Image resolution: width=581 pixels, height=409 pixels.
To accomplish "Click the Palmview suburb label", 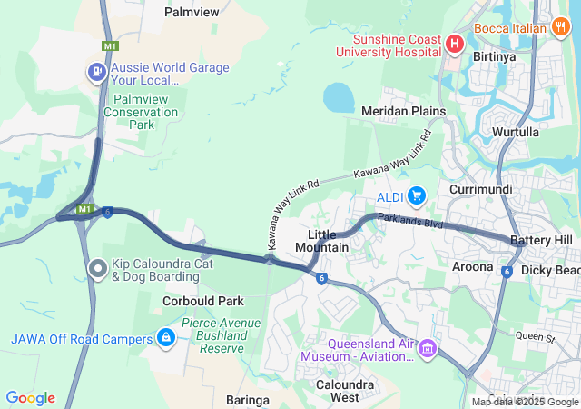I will (x=192, y=12).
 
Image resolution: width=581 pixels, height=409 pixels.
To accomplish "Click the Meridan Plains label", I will (x=403, y=111).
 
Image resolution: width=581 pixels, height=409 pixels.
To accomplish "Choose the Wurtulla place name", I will (x=515, y=132).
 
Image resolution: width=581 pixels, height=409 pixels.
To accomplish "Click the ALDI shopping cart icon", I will (x=417, y=195).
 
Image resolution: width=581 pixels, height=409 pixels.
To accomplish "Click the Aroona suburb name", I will (x=472, y=266).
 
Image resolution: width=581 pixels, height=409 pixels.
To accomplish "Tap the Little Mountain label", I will (x=321, y=241).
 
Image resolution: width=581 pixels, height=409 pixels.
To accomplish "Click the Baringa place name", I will (x=248, y=400).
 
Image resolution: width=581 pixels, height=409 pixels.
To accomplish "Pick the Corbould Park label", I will (x=203, y=301).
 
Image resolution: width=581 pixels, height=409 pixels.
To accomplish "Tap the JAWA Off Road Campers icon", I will (x=165, y=339).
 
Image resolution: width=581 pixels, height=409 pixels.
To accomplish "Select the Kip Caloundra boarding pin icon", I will (x=97, y=268).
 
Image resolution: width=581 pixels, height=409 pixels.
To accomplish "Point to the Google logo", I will (x=31, y=397).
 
